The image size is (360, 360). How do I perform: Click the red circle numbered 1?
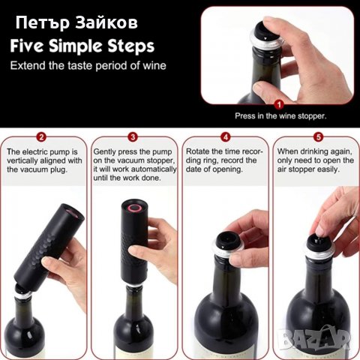pos(279,104)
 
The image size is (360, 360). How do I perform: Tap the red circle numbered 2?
pos(41,136)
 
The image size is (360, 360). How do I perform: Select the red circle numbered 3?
pos(133,136)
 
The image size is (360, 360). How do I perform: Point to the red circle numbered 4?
pos(225,136)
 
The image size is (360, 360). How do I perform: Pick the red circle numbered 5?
pos(318,136)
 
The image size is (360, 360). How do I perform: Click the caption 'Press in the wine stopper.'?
pos(280,115)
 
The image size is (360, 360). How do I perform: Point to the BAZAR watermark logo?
pos(315,338)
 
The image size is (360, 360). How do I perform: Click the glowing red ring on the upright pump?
pos(134,208)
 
